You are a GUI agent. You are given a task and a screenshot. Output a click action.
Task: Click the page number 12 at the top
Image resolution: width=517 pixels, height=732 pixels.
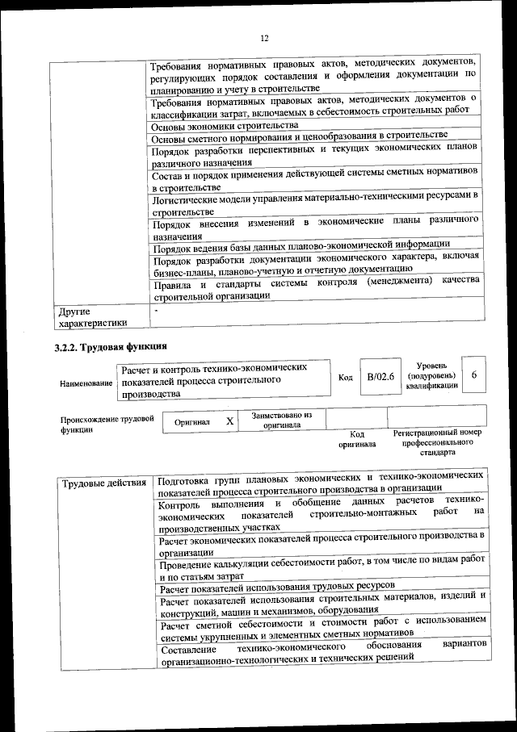point(263,38)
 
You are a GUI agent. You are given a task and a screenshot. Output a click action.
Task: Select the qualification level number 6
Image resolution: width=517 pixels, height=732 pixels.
point(474,376)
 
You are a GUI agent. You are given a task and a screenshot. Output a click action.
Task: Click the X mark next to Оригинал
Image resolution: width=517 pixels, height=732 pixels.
point(229,421)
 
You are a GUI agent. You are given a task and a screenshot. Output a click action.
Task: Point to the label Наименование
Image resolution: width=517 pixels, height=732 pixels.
point(85,383)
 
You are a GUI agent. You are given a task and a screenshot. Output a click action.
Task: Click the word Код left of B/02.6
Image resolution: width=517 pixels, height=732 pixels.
point(345,378)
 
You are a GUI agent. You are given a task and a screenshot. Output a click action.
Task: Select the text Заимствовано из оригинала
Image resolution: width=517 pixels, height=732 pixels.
point(282,419)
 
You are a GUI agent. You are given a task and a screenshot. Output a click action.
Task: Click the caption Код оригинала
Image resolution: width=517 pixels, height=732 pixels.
point(356,438)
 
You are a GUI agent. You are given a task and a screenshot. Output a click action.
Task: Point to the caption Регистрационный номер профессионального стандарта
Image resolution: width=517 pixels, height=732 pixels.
point(437,442)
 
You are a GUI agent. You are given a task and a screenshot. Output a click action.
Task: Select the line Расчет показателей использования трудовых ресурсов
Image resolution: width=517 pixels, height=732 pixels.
point(277,584)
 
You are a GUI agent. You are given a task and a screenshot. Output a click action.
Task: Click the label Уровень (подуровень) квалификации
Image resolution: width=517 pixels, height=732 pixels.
point(432,376)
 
